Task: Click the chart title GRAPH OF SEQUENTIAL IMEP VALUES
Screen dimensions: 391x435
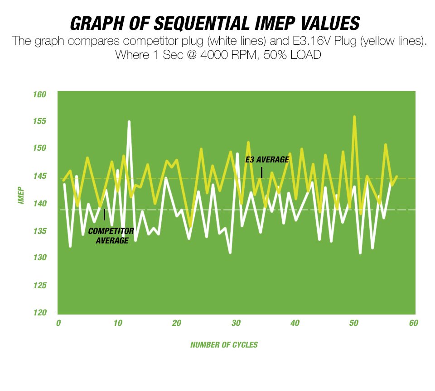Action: pos(215,23)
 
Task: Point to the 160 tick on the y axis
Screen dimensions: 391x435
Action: pos(40,95)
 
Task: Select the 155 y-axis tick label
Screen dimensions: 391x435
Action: pos(40,122)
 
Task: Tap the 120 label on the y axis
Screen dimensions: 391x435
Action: pos(40,313)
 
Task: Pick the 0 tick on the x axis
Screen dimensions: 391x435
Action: pos(58,324)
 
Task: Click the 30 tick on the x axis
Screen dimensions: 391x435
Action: pos(236,324)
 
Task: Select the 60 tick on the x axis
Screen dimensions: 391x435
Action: pos(413,324)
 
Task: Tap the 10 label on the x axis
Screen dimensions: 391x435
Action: pos(117,324)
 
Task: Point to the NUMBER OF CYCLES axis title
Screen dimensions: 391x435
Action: pos(224,345)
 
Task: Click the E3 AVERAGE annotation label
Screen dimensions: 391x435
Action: pos(267,160)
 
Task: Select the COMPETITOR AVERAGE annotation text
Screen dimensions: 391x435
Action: pos(111,236)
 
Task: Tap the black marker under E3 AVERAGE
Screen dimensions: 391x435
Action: pos(261,172)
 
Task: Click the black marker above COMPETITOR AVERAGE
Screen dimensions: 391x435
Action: pos(104,215)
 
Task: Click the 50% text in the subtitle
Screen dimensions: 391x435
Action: pos(266,56)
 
